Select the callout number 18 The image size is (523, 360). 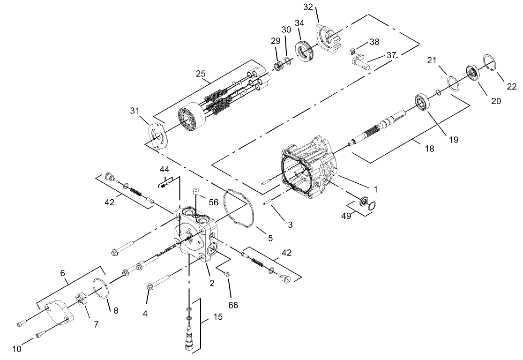[x=429, y=149]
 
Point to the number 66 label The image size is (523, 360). [x=233, y=305]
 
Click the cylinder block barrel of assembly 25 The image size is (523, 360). [x=192, y=121]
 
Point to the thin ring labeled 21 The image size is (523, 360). [x=453, y=83]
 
